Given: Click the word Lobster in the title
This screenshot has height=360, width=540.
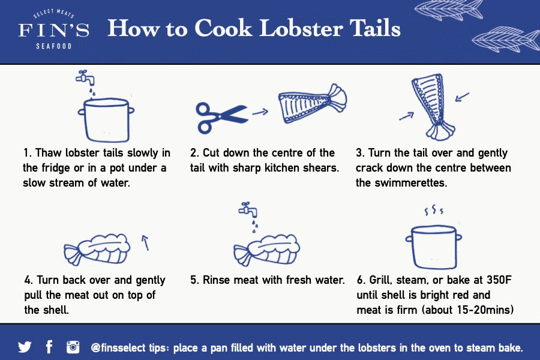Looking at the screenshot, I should click(x=293, y=29).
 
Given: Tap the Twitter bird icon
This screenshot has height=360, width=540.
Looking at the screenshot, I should click(x=25, y=347).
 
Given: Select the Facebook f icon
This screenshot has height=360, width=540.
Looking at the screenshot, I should click(x=49, y=347).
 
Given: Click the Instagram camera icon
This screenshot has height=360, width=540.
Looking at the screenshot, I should click(x=73, y=347).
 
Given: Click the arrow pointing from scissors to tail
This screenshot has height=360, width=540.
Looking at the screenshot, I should click(x=260, y=111).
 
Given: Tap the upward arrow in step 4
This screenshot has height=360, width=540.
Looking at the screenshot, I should click(x=145, y=242).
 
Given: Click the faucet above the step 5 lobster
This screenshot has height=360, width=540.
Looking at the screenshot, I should click(x=247, y=211).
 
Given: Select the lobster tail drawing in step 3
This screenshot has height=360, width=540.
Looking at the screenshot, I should click(x=432, y=108).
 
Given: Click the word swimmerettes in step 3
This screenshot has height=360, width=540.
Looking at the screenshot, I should click(x=401, y=183).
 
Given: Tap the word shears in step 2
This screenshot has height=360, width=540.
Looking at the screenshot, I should click(x=319, y=168).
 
